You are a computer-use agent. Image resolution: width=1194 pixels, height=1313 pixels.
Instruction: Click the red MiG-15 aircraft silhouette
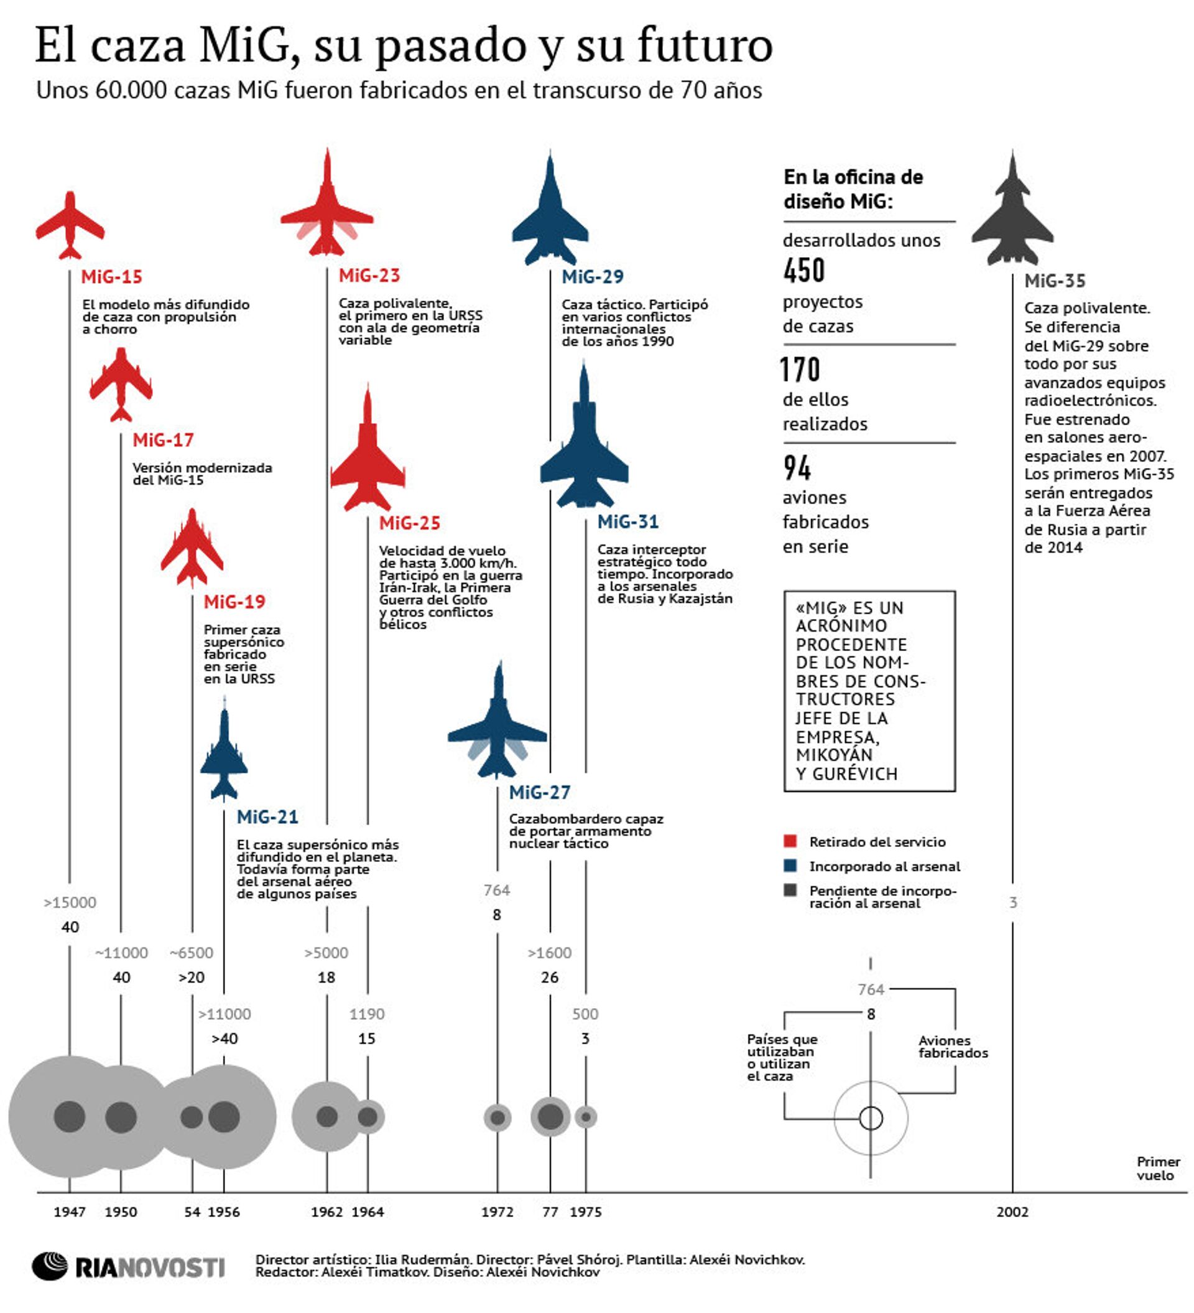click(x=70, y=225)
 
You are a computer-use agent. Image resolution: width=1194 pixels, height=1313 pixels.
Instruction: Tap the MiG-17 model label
click(x=163, y=441)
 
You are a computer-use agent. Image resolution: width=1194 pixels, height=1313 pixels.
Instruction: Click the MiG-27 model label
click(x=539, y=793)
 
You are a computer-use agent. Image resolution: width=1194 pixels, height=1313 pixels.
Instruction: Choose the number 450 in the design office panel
click(x=804, y=270)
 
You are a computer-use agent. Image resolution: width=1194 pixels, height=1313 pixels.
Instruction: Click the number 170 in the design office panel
click(x=800, y=369)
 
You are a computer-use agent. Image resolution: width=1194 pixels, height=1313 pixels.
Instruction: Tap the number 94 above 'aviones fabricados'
click(x=797, y=467)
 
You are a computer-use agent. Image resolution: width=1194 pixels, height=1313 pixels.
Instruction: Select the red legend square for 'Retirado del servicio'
click(x=790, y=841)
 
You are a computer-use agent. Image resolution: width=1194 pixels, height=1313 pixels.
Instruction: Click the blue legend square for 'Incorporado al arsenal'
click(x=790, y=866)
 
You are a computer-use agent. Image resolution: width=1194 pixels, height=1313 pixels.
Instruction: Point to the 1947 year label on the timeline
click(x=70, y=1212)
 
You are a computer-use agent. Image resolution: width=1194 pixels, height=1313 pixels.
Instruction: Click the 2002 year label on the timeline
click(x=1012, y=1212)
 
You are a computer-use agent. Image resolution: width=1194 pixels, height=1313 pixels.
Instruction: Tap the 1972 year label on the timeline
click(x=497, y=1212)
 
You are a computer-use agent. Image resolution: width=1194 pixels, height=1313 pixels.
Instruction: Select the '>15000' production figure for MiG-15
click(x=70, y=903)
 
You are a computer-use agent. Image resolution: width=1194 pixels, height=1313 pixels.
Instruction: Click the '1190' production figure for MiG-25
click(x=366, y=1014)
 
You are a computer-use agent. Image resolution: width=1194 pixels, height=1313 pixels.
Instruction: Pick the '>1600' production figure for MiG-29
click(x=550, y=953)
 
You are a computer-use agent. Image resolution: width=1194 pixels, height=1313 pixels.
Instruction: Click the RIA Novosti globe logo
click(x=50, y=1267)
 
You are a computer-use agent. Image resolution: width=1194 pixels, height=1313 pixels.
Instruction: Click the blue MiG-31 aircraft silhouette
click(x=584, y=449)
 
